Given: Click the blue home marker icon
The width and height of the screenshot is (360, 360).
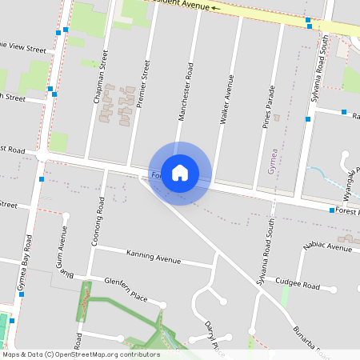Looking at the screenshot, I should click(180, 173).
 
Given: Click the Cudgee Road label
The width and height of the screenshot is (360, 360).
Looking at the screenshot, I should click(297, 285).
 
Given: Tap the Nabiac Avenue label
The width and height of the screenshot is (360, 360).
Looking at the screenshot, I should click(328, 247).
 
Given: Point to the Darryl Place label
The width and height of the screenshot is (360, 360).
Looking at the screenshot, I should click(212, 336).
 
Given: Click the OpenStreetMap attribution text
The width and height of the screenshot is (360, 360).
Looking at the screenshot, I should click(81, 354).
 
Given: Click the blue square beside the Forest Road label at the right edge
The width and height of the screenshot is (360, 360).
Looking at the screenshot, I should click(332, 210).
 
